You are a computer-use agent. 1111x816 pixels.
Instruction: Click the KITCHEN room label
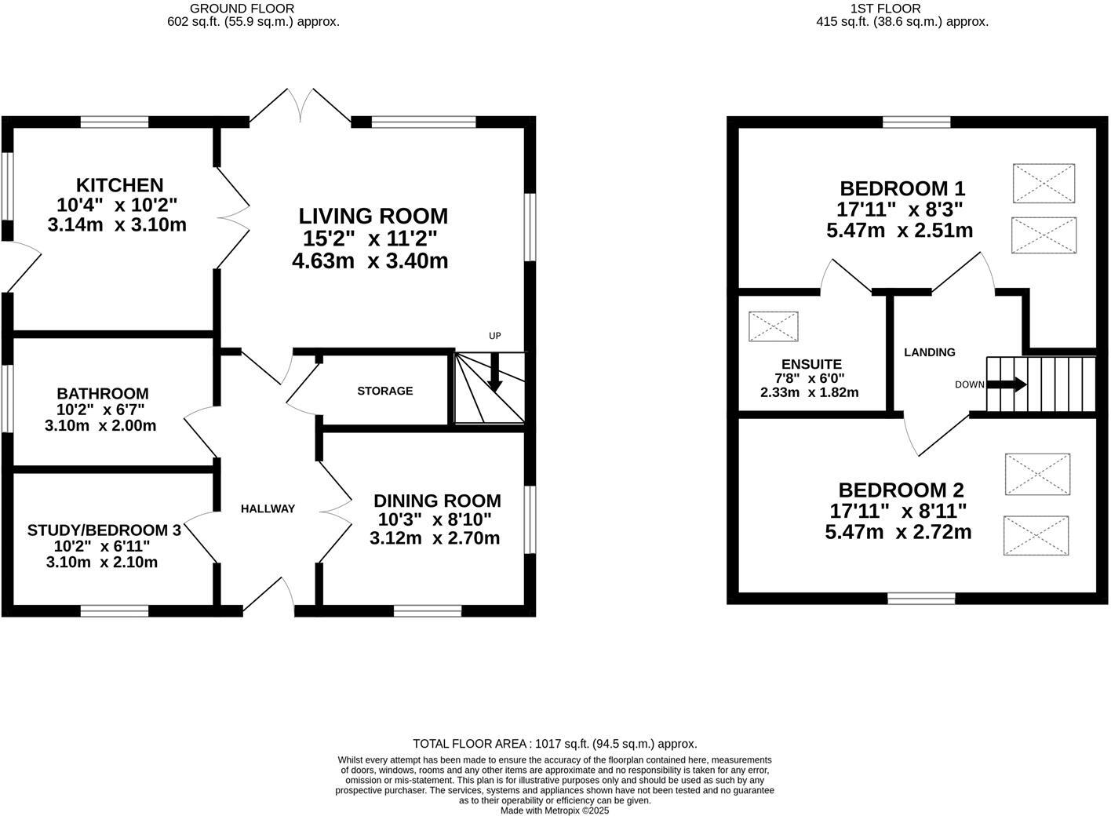(x=119, y=185)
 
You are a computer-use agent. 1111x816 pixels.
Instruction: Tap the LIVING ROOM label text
(x=373, y=216)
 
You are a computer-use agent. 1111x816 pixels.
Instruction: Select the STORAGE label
(x=384, y=391)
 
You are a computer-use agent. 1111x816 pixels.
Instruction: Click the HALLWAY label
(x=268, y=508)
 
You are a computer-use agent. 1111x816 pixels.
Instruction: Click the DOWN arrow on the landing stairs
(x=1006, y=384)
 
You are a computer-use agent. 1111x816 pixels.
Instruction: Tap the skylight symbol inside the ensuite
(x=774, y=326)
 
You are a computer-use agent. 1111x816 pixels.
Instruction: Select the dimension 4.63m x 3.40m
(x=370, y=261)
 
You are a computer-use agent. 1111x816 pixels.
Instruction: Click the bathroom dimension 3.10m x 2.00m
(x=101, y=426)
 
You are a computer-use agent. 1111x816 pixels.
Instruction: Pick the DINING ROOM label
(x=437, y=501)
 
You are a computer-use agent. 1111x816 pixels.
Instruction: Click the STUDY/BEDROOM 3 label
(x=104, y=530)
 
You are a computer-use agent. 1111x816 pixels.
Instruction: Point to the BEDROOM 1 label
(x=902, y=188)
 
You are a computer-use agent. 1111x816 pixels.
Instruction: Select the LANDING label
(x=929, y=352)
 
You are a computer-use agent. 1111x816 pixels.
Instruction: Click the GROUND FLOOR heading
(x=242, y=9)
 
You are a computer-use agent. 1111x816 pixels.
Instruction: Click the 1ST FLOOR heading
(x=902, y=9)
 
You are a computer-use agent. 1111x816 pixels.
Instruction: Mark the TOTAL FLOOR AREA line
(x=555, y=744)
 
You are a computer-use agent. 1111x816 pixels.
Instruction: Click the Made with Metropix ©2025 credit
(x=555, y=811)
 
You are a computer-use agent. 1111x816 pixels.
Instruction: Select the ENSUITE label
(x=811, y=364)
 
